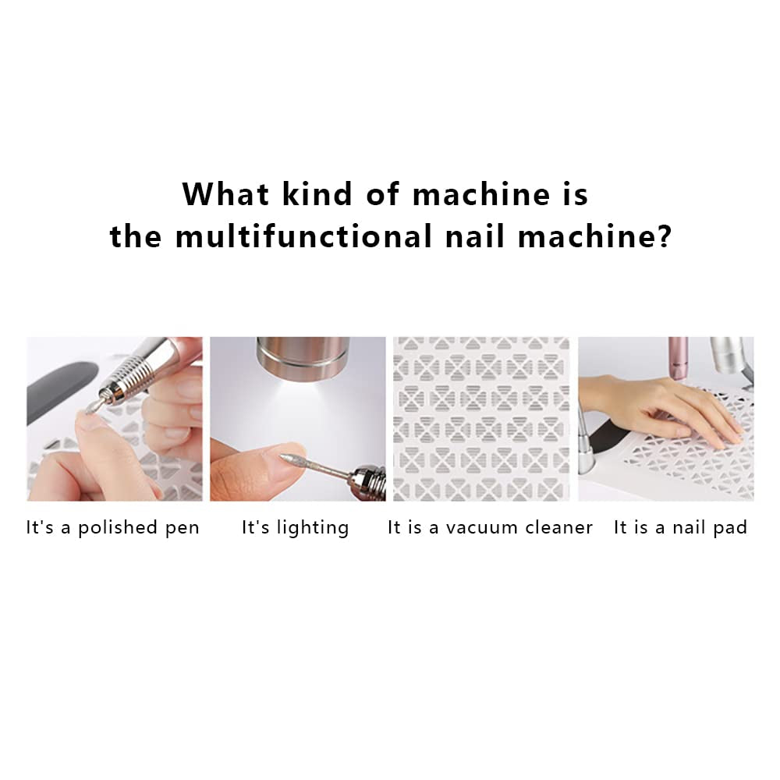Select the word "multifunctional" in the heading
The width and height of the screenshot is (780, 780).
click(303, 236)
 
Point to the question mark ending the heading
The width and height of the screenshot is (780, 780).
click(663, 236)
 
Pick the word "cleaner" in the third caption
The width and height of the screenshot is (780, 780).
click(561, 528)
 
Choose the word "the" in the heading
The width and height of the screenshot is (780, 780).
click(136, 236)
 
